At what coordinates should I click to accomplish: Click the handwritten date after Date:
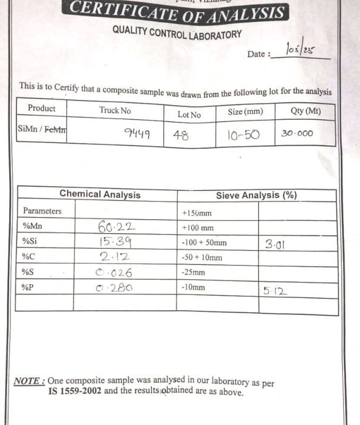[300, 51]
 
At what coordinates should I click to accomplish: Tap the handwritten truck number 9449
[136, 134]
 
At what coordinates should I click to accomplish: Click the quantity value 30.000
[297, 134]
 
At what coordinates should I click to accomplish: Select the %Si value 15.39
[115, 242]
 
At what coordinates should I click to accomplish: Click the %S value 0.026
[114, 273]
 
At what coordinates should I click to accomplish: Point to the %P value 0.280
[114, 288]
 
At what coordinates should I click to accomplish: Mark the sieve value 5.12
[275, 290]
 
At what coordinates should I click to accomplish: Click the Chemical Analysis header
[100, 195]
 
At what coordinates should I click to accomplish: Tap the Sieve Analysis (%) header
[256, 195]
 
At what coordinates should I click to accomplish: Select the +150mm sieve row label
[197, 213]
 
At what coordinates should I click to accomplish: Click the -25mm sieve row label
[194, 273]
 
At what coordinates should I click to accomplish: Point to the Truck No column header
[115, 110]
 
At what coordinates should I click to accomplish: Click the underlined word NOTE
[29, 381]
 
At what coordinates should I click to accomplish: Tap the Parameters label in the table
[42, 211]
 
